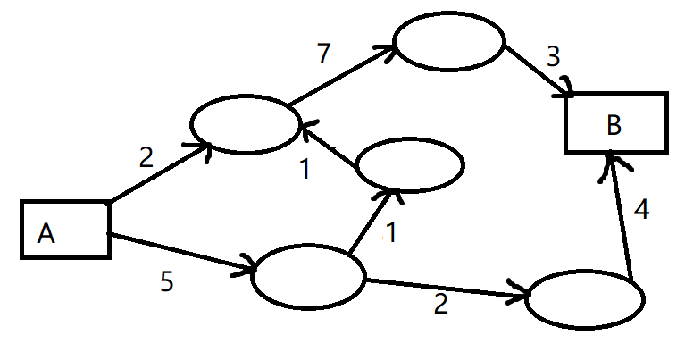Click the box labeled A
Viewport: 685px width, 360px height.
(65, 230)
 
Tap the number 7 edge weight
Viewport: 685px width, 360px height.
(323, 54)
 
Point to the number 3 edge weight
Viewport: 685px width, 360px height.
(553, 58)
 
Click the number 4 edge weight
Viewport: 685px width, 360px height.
(640, 213)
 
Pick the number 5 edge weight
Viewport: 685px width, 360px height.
(167, 282)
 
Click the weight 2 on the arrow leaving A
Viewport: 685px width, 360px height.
(146, 158)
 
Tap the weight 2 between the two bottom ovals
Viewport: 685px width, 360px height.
(439, 305)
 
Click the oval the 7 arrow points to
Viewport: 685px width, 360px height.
(449, 42)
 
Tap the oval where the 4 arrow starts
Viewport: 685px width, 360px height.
(585, 299)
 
